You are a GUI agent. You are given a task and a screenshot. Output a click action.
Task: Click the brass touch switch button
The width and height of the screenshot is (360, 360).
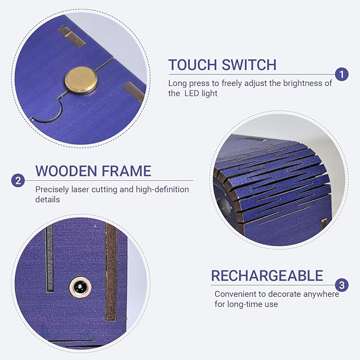[x=81, y=81]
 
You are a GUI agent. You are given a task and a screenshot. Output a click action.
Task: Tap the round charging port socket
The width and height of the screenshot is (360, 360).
[x=80, y=287]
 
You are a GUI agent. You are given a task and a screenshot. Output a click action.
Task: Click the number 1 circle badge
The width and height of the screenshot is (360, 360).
[x=341, y=74]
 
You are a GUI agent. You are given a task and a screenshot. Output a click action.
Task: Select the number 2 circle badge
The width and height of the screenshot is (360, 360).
[x=18, y=180]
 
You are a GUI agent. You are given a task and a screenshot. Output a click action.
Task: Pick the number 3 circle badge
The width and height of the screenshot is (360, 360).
[x=341, y=285]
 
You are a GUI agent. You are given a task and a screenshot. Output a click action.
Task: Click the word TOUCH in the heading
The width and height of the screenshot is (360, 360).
[x=192, y=65]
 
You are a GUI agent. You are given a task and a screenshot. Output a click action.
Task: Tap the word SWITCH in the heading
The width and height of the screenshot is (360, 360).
[x=249, y=65]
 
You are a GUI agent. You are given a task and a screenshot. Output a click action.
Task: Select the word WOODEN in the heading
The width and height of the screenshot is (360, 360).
[x=66, y=171]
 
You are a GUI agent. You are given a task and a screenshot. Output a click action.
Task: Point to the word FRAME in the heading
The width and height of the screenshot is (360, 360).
[x=126, y=171]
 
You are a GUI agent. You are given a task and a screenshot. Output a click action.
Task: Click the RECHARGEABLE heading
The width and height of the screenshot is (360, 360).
[x=267, y=276]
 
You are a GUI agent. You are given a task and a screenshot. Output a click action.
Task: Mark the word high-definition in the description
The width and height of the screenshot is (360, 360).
[x=162, y=189]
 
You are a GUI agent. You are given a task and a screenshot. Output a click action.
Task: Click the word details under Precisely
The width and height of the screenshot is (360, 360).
[x=48, y=199]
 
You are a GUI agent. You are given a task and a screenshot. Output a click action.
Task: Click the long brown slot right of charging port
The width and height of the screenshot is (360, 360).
[x=111, y=271]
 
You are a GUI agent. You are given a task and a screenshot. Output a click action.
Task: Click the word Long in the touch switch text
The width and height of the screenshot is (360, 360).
[x=177, y=84]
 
